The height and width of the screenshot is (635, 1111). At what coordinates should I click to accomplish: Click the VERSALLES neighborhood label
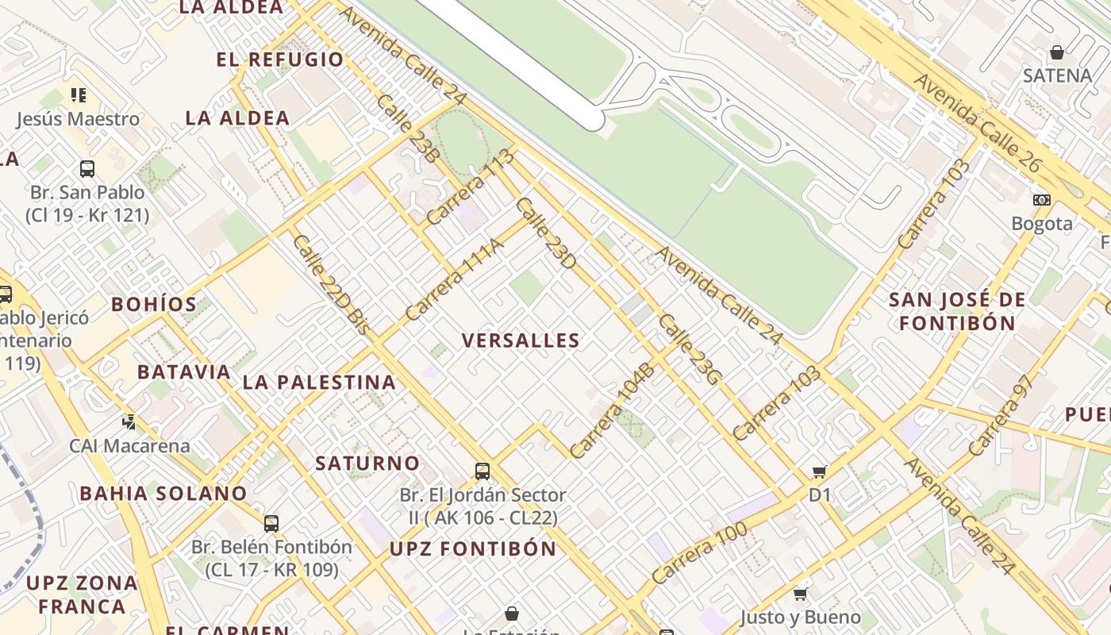[521, 341]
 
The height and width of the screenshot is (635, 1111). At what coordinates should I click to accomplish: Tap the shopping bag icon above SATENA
[1056, 53]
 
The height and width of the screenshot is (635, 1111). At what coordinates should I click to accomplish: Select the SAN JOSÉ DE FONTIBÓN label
[957, 311]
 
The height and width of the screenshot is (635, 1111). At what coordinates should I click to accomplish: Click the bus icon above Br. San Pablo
[87, 169]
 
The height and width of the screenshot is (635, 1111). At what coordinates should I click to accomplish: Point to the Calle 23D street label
[545, 233]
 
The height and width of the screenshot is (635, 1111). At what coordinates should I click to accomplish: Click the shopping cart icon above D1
[820, 472]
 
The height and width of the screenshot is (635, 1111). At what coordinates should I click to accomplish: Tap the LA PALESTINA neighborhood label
[319, 382]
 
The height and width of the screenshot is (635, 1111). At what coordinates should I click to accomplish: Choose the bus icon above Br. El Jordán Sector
[482, 471]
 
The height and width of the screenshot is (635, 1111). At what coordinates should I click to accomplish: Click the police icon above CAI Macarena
[129, 421]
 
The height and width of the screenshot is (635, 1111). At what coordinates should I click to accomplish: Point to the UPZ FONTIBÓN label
[473, 548]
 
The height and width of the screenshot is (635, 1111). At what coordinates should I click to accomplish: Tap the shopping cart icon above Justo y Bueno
[801, 594]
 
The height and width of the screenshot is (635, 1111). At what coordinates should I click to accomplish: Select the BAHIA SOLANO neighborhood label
[163, 493]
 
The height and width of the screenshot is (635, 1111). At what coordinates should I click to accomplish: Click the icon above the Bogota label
[1041, 200]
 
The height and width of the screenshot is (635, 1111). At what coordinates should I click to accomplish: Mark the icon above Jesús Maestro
[78, 95]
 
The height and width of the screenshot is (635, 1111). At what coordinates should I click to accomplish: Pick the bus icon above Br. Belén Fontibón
[271, 523]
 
